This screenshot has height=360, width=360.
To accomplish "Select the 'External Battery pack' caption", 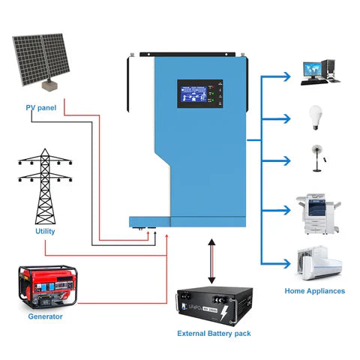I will (214, 333).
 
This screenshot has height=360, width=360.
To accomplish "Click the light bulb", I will (316, 116).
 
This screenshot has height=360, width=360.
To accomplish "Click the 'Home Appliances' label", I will (315, 291).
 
